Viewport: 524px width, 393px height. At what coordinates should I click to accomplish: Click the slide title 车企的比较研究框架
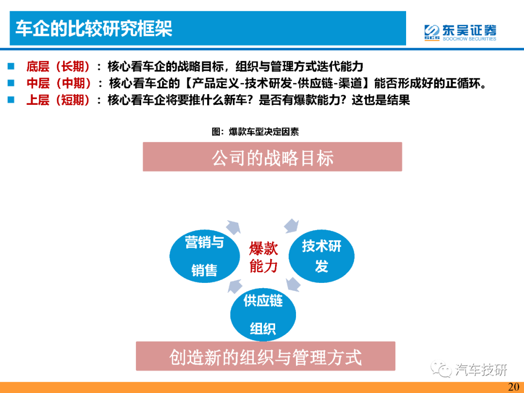[x=94, y=29]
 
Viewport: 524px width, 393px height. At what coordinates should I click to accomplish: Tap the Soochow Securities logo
[x=460, y=33]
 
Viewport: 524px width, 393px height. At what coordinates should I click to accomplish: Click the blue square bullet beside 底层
[x=11, y=66]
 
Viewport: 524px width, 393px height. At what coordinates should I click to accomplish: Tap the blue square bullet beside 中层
[x=11, y=82]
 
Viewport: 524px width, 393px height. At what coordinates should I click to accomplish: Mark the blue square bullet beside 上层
[x=11, y=99]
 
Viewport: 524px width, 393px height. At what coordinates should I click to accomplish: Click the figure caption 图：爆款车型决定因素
[x=255, y=131]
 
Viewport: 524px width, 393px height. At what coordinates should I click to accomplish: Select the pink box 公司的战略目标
[x=272, y=157]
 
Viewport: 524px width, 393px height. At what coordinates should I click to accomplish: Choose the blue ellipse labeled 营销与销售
[x=205, y=256]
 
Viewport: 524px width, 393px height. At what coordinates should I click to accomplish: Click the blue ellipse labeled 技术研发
[x=322, y=256]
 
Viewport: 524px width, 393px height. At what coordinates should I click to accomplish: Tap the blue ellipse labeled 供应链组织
[x=263, y=314]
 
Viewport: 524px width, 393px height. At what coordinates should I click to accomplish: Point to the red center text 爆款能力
[x=263, y=258]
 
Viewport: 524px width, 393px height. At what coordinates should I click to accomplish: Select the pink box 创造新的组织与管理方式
[x=265, y=356]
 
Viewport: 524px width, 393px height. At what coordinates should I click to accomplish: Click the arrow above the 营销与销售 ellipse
[x=233, y=227]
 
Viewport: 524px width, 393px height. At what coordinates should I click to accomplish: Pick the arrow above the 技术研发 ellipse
[x=292, y=226]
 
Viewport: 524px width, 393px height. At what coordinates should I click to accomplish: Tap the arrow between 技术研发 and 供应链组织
[x=293, y=284]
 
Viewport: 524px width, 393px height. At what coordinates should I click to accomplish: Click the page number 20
[x=514, y=387]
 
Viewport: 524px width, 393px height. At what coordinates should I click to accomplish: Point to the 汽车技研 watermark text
[x=481, y=370]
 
